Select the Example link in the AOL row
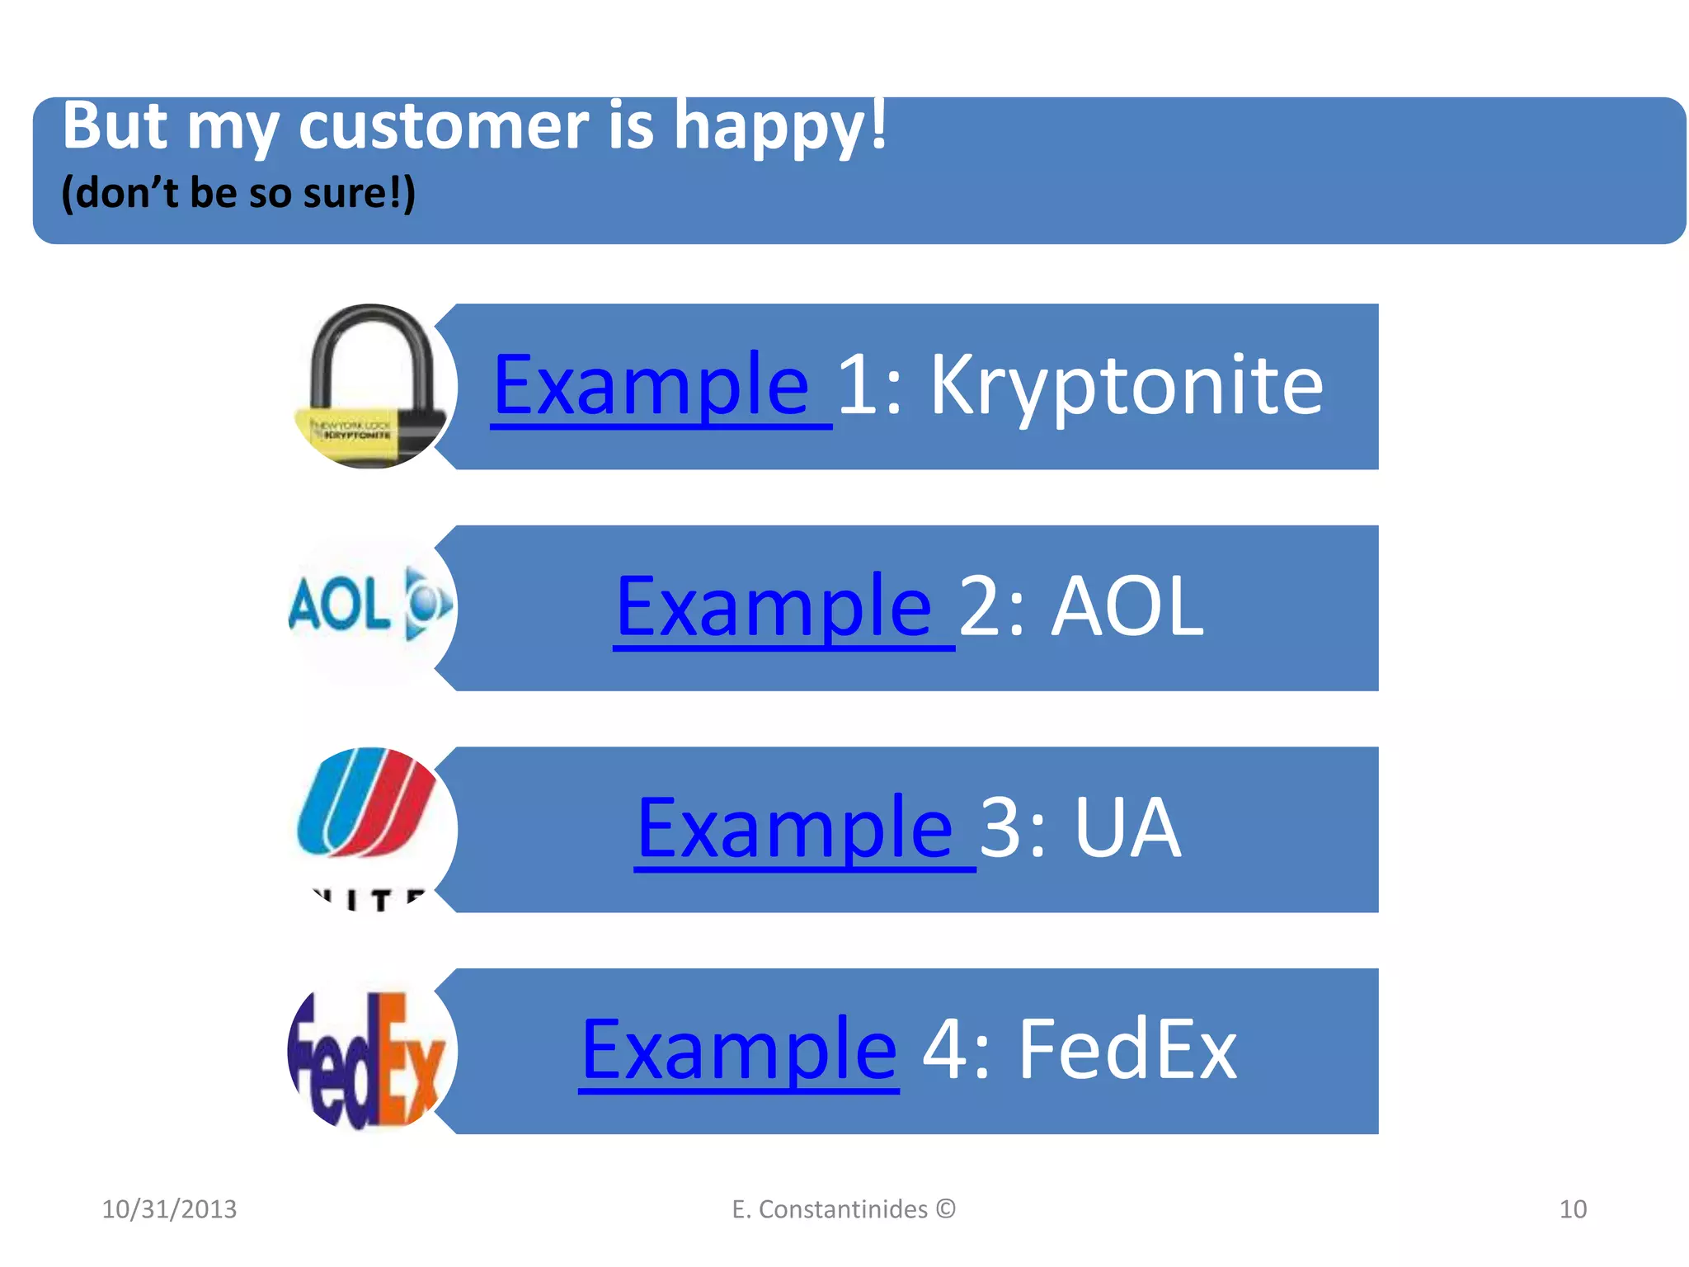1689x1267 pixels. [x=774, y=607]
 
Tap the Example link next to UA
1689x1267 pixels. [x=795, y=828]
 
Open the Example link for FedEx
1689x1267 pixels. [x=738, y=1050]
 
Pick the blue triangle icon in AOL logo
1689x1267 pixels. [x=427, y=605]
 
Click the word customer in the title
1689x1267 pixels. [x=443, y=127]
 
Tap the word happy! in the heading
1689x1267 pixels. [x=779, y=127]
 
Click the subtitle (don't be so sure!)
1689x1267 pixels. [x=238, y=193]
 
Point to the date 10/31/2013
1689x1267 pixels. [x=169, y=1209]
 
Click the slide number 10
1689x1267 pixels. [x=1572, y=1209]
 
